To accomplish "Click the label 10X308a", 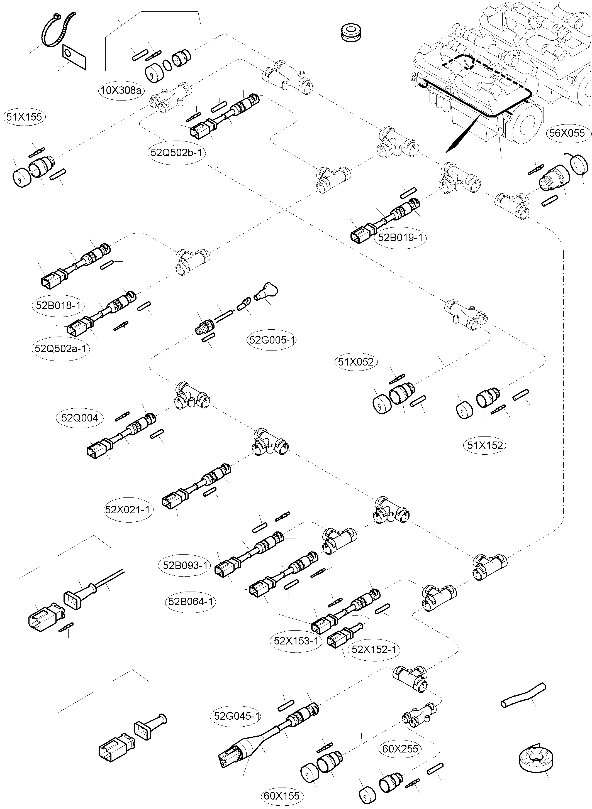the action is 121,90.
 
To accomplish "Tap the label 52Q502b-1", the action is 176,153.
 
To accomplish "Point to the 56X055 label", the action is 567,133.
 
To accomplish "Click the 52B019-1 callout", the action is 400,237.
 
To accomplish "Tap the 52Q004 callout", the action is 80,418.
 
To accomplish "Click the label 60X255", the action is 400,749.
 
